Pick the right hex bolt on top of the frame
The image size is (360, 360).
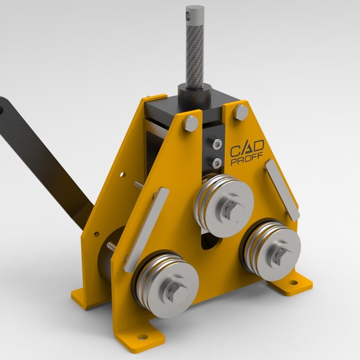[241, 111]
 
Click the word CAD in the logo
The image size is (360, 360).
[245, 149]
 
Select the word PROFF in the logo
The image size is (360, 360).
[247, 162]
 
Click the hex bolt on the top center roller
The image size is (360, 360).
[233, 209]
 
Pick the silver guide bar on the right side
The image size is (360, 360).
[282, 188]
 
